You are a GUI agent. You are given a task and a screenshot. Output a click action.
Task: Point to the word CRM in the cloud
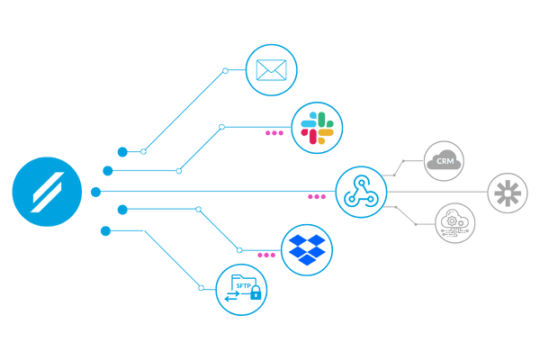click(444, 162)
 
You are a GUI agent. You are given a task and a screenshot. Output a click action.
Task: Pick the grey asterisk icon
click(510, 193)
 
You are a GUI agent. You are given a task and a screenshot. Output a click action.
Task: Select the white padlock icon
click(256, 294)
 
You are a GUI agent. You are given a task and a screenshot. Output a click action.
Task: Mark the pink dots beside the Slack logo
click(274, 133)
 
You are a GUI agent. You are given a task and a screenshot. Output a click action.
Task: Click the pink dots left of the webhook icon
click(317, 196)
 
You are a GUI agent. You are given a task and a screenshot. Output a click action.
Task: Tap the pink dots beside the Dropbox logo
click(266, 255)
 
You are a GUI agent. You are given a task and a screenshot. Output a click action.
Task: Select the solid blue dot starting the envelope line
click(123, 151)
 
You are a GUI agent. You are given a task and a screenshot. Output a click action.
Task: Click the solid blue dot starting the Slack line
click(108, 170)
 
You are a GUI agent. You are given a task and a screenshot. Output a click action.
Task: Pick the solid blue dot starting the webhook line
click(95, 192)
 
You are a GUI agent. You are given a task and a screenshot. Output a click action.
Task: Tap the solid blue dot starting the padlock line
click(106, 231)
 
